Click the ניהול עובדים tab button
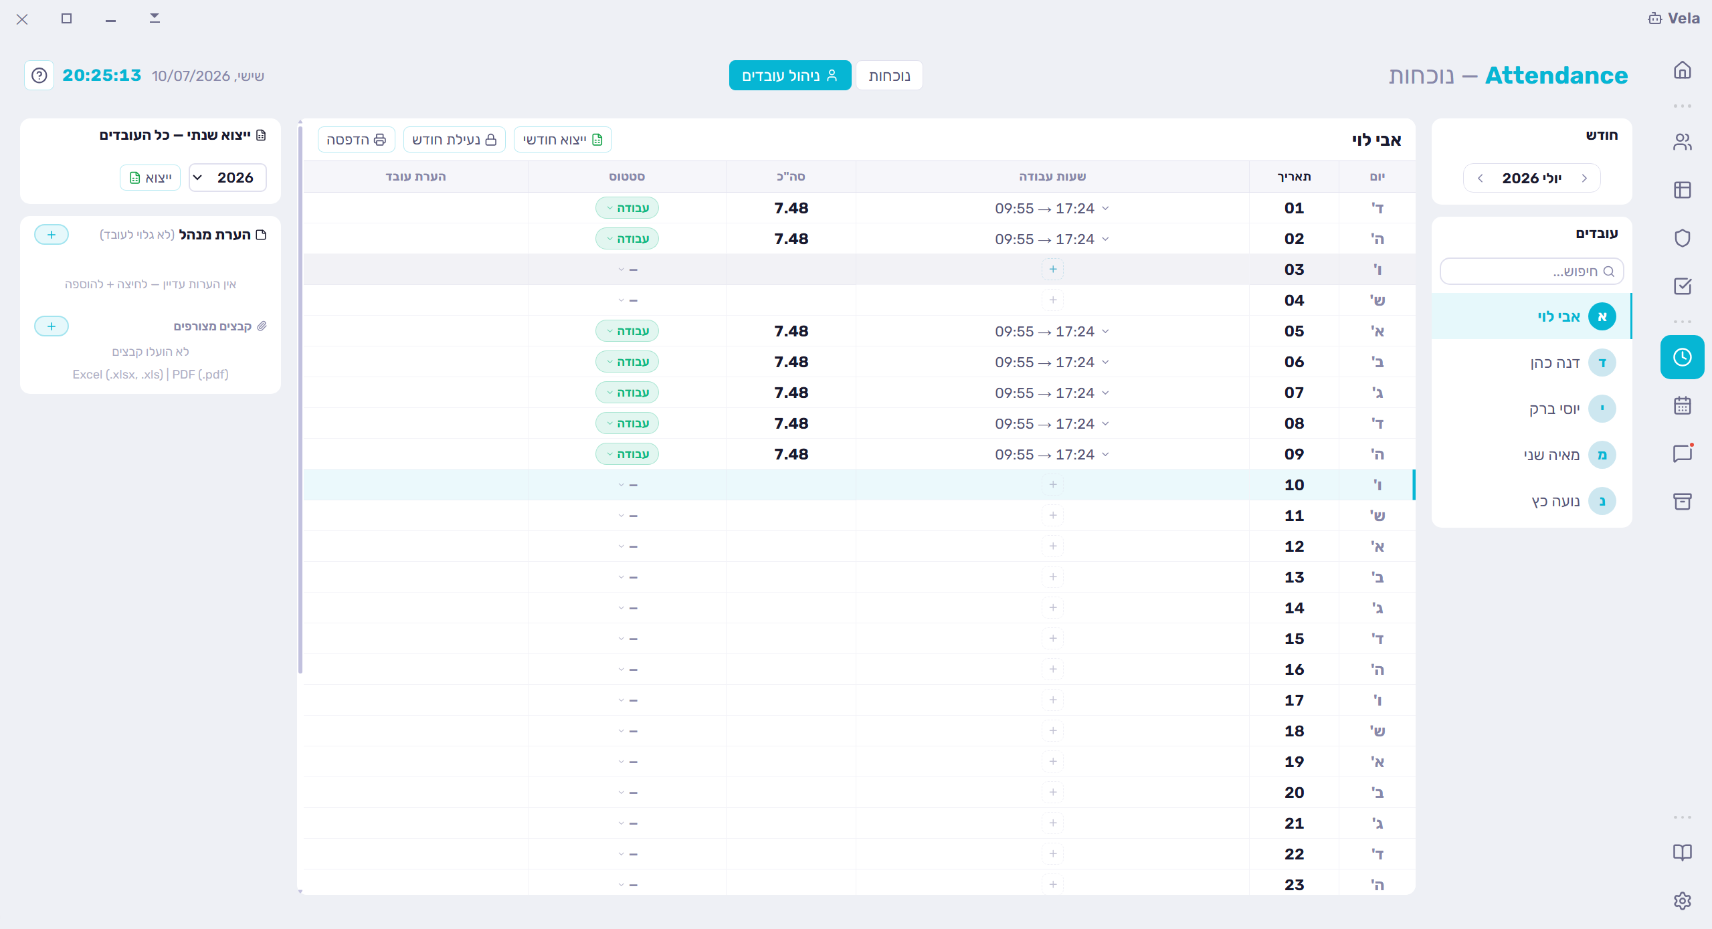(x=789, y=76)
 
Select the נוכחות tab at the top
(x=889, y=76)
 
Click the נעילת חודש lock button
(x=454, y=139)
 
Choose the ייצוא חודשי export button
(x=563, y=139)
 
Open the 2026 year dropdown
(x=227, y=177)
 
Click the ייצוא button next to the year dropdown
(x=151, y=177)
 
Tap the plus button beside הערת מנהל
(x=52, y=235)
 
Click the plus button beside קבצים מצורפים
(x=52, y=326)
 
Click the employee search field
(x=1531, y=271)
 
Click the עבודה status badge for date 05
(x=627, y=331)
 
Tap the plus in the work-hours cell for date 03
(x=1053, y=270)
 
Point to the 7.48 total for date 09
(x=791, y=454)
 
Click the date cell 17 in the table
(x=1294, y=700)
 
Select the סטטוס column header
(x=627, y=177)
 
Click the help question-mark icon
(x=39, y=76)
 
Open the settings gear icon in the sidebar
(x=1682, y=901)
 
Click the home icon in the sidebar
(x=1682, y=70)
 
